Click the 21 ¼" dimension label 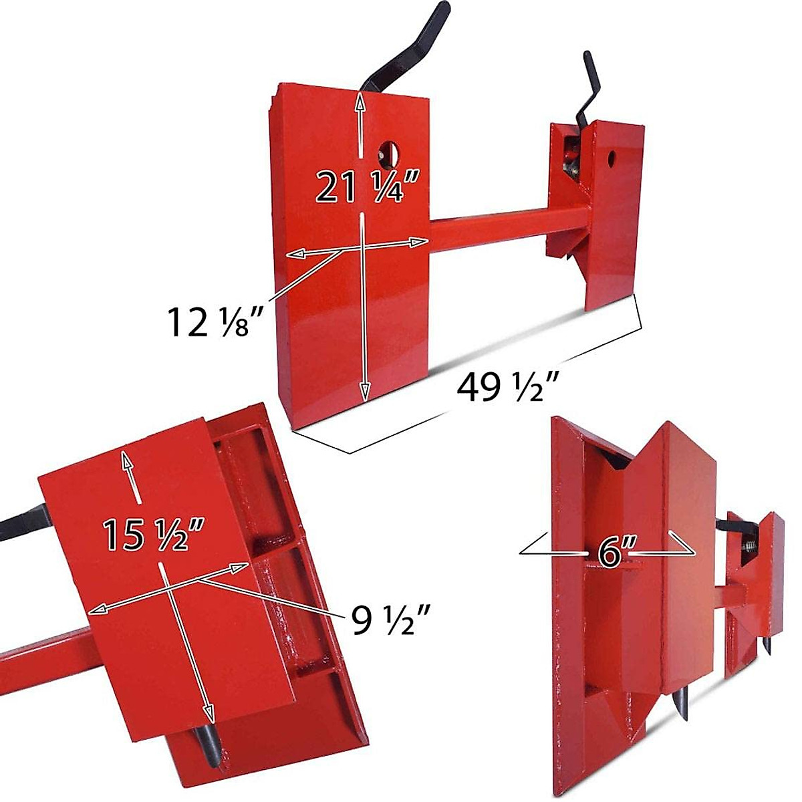[x=367, y=187]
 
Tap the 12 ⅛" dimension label [x=213, y=321]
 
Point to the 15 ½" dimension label [x=152, y=535]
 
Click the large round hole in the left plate [x=388, y=153]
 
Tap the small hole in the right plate [x=612, y=158]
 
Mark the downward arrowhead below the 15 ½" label [x=209, y=714]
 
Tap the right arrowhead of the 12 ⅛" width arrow [x=420, y=243]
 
